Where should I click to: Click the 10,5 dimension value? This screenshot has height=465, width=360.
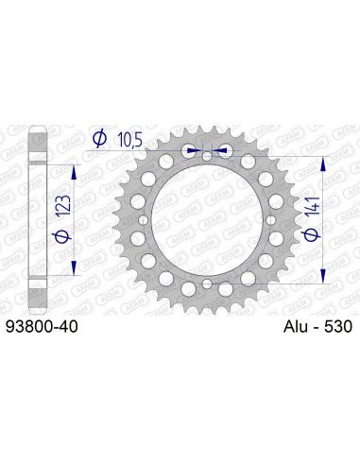(x=129, y=141)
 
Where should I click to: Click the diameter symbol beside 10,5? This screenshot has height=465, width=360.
(x=99, y=141)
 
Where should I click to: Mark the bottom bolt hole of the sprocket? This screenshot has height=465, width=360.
(x=207, y=284)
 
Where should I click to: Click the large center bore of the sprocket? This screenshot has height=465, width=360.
(x=207, y=216)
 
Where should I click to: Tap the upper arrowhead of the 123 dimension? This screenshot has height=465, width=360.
(x=72, y=166)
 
